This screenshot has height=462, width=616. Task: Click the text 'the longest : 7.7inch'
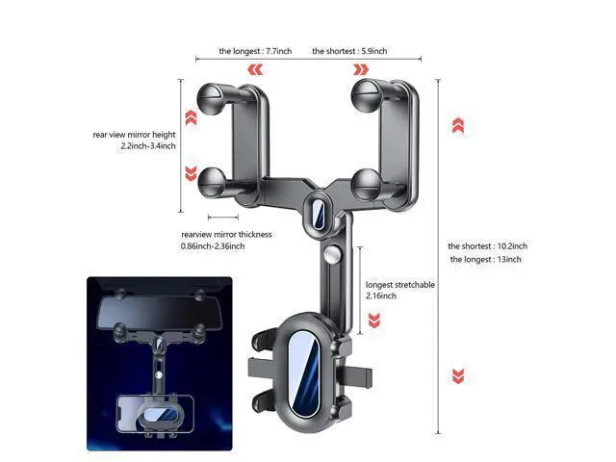click(x=255, y=51)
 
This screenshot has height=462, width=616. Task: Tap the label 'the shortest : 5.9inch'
click(x=349, y=51)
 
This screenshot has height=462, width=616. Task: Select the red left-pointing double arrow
click(x=255, y=70)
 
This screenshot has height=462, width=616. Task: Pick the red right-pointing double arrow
click(x=361, y=70)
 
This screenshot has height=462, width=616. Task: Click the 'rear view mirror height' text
click(x=134, y=135)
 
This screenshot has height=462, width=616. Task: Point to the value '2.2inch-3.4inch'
click(x=148, y=146)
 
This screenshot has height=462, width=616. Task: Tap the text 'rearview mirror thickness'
click(x=226, y=235)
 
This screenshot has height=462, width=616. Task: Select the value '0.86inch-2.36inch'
click(x=213, y=246)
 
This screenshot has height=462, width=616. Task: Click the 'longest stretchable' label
click(x=400, y=285)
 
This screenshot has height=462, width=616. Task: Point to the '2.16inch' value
click(x=381, y=295)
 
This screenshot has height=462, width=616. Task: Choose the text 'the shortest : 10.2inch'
click(x=488, y=246)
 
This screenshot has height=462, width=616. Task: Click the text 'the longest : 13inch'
click(x=485, y=259)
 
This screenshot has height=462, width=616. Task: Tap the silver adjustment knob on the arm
click(x=333, y=254)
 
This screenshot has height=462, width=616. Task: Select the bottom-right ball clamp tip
click(x=366, y=185)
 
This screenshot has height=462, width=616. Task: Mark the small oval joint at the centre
click(x=319, y=214)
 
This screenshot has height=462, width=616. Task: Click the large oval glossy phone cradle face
click(x=303, y=373)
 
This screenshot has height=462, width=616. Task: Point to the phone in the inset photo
click(x=155, y=415)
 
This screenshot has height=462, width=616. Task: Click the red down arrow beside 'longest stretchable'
click(x=374, y=321)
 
